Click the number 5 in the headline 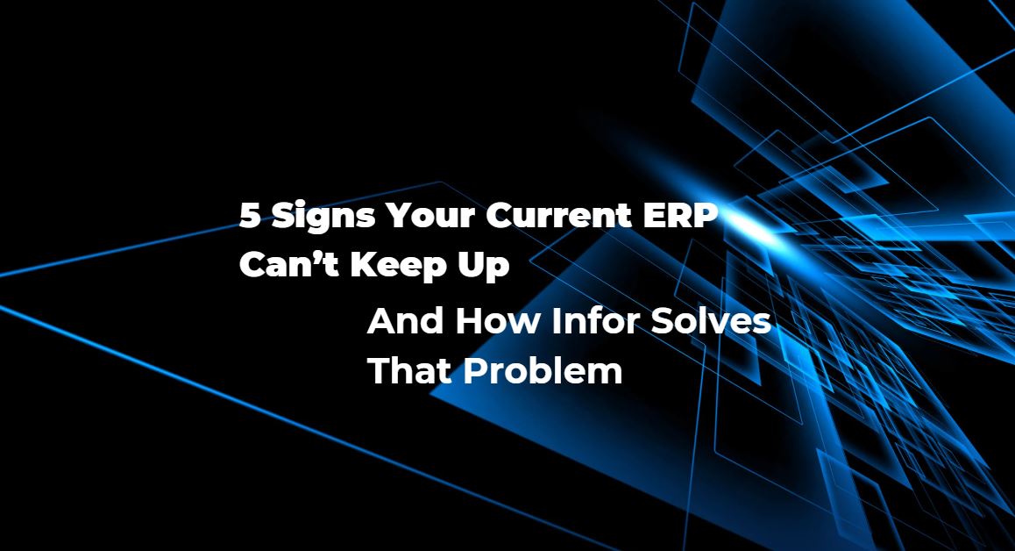tap(250, 215)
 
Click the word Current tap(558, 215)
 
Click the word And tap(405, 321)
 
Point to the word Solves tap(710, 321)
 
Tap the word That tap(409, 370)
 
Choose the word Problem tap(543, 370)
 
